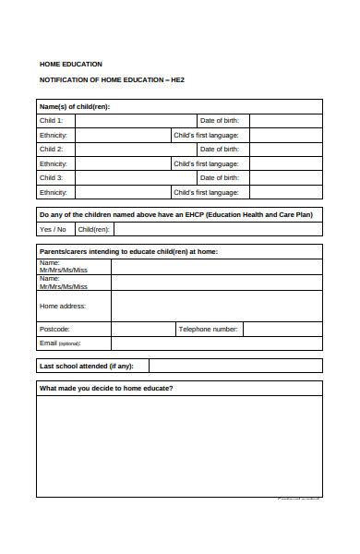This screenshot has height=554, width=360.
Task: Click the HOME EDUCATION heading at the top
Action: coord(70,64)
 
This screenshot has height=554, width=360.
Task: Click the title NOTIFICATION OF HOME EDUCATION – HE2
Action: coord(112,80)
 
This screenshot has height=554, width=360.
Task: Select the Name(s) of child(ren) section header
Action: coord(80,106)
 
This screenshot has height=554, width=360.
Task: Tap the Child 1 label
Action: coord(51,120)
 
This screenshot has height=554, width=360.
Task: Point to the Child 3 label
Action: coord(51,178)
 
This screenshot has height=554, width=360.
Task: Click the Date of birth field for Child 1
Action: coord(285,120)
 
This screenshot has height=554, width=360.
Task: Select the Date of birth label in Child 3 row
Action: coord(220,178)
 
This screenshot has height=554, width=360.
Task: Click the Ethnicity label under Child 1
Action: coord(53,135)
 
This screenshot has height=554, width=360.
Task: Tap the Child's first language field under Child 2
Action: coord(285,163)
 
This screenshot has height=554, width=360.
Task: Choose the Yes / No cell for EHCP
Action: coord(53,229)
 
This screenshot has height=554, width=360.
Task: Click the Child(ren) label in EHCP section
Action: coord(93,229)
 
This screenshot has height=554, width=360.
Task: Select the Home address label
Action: coord(63,306)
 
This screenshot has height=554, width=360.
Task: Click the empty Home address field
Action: coord(216,306)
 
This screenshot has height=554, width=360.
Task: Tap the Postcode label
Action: coord(54,329)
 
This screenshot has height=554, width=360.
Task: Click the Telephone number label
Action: coord(208,329)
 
